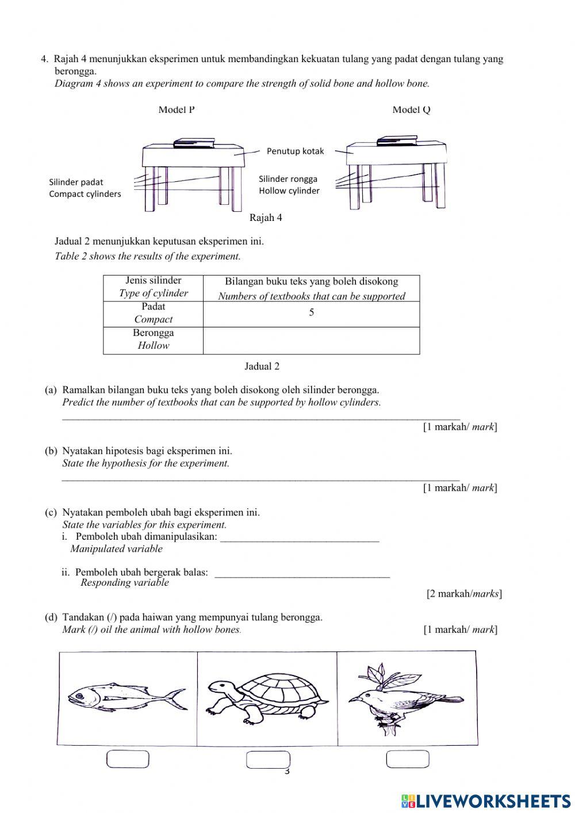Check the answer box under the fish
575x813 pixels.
pyautogui.click(x=128, y=759)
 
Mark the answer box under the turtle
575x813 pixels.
pyautogui.click(x=268, y=759)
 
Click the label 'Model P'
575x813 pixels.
pyautogui.click(x=177, y=110)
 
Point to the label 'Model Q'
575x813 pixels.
pyautogui.click(x=411, y=110)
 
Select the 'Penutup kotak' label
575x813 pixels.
pyautogui.click(x=295, y=151)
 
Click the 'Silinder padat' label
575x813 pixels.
pyautogui.click(x=76, y=182)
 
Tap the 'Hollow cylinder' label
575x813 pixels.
pyautogui.click(x=289, y=191)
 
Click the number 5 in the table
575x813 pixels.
pyautogui.click(x=312, y=313)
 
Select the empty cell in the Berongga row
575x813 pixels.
pyautogui.click(x=311, y=340)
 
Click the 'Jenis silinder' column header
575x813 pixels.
pyautogui.click(x=153, y=281)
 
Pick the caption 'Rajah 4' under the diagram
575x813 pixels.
pyautogui.click(x=266, y=218)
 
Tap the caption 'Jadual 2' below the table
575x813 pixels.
pyautogui.click(x=262, y=367)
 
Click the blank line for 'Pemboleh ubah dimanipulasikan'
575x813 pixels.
pyautogui.click(x=300, y=539)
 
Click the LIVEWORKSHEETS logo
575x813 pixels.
pyautogui.click(x=486, y=800)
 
